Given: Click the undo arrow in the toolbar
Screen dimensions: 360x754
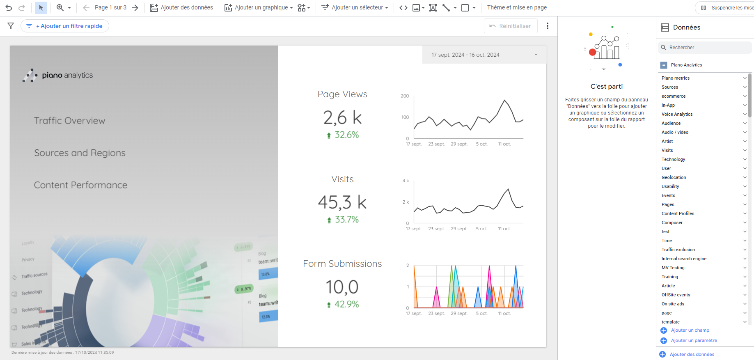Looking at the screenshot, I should click(9, 7).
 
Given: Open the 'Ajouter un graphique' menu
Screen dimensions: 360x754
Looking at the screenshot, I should click(259, 7).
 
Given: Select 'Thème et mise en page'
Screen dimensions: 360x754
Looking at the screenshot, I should click(517, 7).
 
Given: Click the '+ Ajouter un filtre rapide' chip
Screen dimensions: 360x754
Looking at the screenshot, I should click(65, 26).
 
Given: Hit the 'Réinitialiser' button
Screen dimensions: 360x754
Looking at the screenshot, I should click(510, 26).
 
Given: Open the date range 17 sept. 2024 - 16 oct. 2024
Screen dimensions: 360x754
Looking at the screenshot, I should click(484, 55).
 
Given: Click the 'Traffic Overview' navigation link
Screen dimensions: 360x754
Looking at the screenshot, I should click(70, 121).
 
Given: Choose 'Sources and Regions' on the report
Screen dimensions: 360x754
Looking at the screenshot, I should click(80, 153).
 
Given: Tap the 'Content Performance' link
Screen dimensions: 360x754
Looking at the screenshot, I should click(80, 185).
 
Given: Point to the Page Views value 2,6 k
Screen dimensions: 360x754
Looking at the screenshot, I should click(342, 118).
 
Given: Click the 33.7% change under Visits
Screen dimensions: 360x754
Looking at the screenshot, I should click(346, 220).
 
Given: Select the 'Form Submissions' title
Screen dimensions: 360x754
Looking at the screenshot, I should click(342, 264).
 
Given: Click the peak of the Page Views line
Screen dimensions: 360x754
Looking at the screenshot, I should click(504, 100).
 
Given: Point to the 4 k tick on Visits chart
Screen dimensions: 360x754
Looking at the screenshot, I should click(406, 181).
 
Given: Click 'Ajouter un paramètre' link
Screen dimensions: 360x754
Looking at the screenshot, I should click(694, 340).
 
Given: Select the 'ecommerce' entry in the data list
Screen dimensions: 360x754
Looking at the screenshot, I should click(674, 96).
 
